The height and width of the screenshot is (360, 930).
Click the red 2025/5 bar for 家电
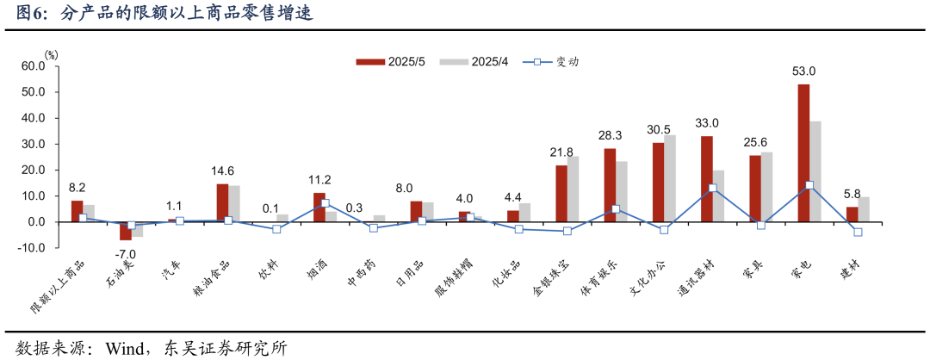(x=803, y=152)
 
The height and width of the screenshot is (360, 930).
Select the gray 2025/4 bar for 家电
(x=815, y=171)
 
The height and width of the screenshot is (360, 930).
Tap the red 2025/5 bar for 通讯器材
(x=706, y=178)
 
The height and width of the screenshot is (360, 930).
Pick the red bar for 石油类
(x=125, y=231)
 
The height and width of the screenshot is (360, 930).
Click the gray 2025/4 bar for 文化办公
(x=669, y=178)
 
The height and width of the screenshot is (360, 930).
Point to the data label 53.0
(x=803, y=71)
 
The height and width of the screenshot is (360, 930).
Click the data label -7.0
(x=127, y=254)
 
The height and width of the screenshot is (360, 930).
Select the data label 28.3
(x=610, y=135)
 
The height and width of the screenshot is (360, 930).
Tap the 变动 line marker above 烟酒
(x=325, y=203)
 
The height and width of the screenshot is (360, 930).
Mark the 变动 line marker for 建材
(x=858, y=232)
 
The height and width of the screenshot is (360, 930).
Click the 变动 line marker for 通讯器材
(x=712, y=188)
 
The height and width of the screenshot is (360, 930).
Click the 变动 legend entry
(x=552, y=62)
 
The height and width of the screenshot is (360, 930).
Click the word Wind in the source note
(x=123, y=348)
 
